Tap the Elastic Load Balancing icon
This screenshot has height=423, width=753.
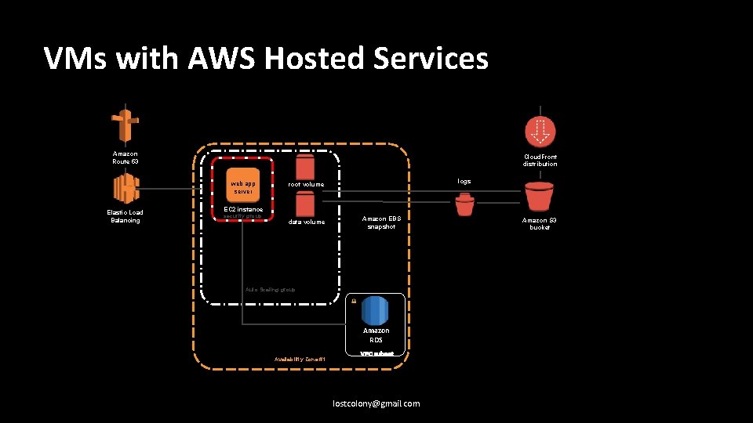click(x=125, y=189)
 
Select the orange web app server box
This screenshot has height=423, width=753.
click(x=242, y=187)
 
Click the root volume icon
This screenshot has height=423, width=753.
click(x=305, y=167)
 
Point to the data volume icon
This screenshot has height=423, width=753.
click(x=305, y=205)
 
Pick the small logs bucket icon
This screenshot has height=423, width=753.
click(x=464, y=205)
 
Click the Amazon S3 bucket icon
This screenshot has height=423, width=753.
click(x=539, y=196)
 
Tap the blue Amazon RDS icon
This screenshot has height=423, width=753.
click(x=375, y=310)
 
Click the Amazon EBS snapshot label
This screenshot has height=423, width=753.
click(x=380, y=222)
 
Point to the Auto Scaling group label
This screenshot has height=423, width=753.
click(x=270, y=290)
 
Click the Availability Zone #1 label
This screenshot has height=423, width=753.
click(x=299, y=359)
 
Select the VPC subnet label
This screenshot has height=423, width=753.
click(x=376, y=354)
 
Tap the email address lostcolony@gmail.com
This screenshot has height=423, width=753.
click(x=376, y=403)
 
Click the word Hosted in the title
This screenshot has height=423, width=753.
click(x=323, y=59)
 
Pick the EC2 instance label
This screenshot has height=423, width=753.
click(x=242, y=209)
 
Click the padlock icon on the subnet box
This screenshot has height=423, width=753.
click(x=354, y=301)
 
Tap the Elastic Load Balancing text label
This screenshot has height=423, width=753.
click(x=125, y=216)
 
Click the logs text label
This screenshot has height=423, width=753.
click(x=464, y=181)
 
